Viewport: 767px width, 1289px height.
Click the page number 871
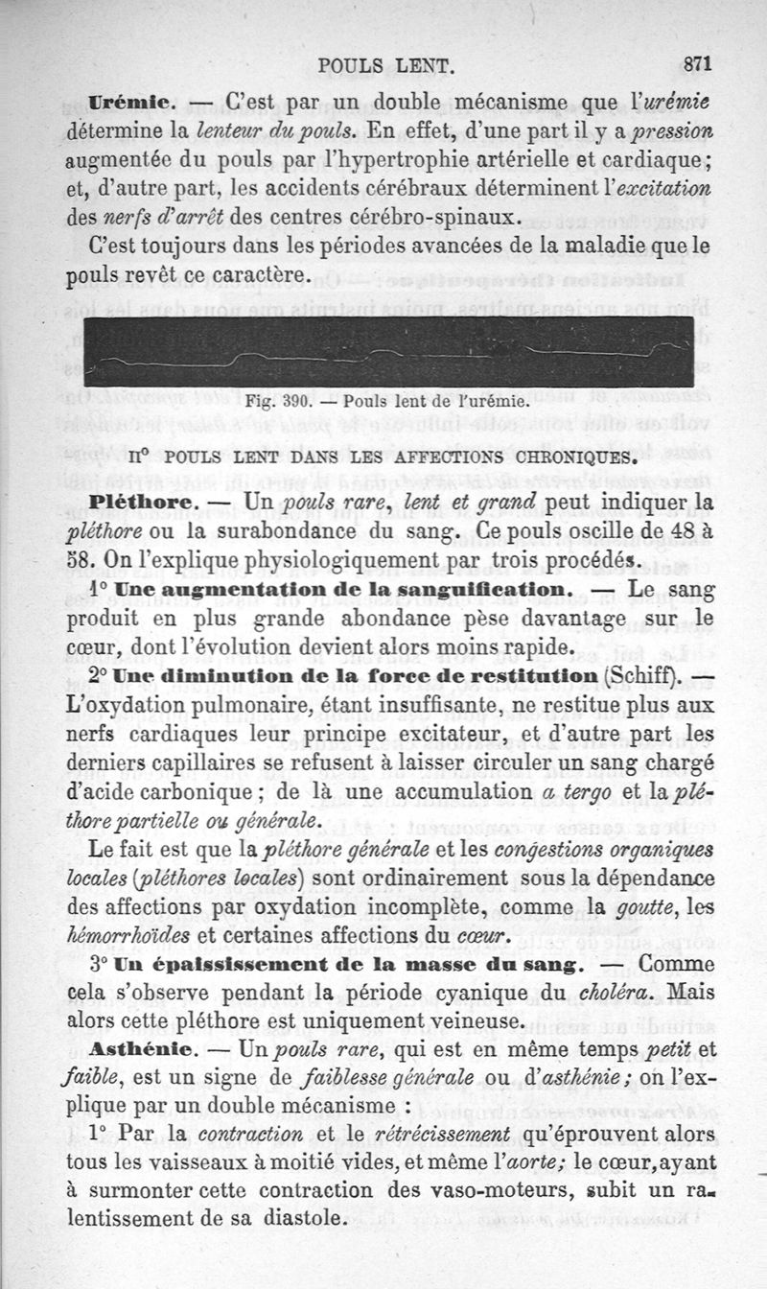coord(697,65)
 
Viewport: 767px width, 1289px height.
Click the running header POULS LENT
coord(384,66)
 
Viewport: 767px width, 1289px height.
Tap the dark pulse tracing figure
coord(388,352)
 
